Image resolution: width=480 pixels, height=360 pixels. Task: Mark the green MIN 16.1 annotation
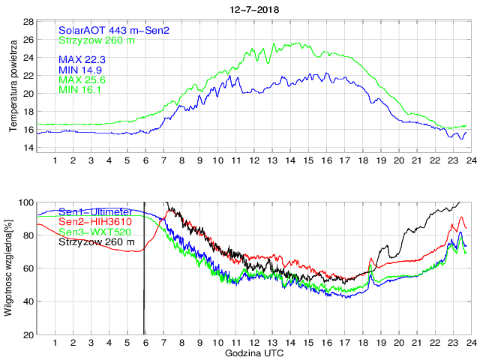[x=80, y=90]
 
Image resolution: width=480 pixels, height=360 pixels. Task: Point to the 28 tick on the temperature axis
[x=28, y=22]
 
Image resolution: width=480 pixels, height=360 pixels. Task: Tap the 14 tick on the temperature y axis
[x=28, y=148]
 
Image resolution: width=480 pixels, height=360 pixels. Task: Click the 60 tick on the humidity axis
[x=28, y=268]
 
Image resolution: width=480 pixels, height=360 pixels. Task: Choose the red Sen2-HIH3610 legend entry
[x=94, y=222]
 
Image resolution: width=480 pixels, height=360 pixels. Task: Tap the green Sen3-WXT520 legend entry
[x=95, y=232]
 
